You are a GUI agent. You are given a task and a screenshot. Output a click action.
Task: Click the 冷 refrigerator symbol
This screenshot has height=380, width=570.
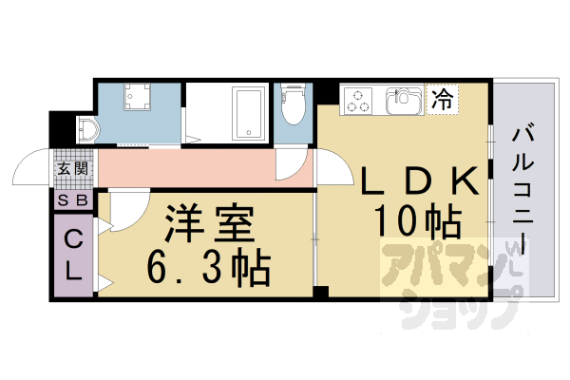[443, 96]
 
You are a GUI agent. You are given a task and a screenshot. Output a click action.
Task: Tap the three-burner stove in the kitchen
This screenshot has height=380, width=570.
[360, 99]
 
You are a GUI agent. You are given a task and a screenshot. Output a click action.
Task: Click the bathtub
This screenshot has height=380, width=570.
[249, 113]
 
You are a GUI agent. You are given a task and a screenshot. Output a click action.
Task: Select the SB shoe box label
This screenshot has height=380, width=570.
[72, 200]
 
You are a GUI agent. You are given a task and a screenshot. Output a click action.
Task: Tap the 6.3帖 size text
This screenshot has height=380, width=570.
[209, 265]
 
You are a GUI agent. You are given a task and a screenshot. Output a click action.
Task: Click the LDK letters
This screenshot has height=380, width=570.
[414, 180]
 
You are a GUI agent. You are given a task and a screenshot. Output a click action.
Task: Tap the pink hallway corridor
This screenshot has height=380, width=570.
[204, 168]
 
